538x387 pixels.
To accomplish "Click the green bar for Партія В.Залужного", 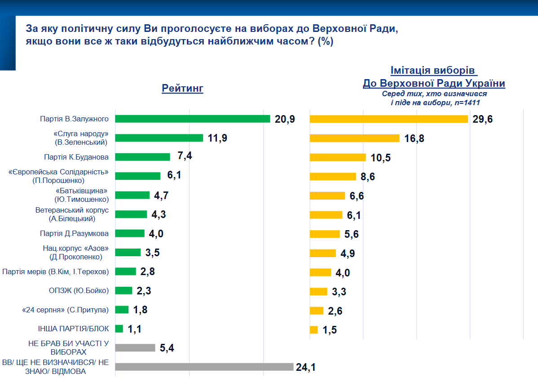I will coord(193,119).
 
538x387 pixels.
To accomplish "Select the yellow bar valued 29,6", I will coord(389,119).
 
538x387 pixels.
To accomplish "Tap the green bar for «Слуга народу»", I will coord(159,138).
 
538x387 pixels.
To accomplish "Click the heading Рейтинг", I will coord(183,88).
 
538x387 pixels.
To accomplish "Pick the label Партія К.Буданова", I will coord(76,157).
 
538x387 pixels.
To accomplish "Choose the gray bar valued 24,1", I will coord(204,367).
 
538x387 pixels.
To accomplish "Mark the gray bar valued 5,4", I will coord(135,347).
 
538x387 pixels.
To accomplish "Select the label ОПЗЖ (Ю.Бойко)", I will coord(79,290).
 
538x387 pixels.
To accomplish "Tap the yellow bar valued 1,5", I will coord(314,329).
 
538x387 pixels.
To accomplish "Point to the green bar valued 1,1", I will coord(119,329).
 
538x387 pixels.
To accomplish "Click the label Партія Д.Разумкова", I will coord(74,233).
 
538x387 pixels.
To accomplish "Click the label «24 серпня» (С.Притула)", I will coord(66,310).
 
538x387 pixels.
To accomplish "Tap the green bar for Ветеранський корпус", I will coord(131,214).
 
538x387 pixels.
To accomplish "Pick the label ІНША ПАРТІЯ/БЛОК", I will coord(74,329).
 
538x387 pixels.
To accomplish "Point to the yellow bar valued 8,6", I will coord(333,176).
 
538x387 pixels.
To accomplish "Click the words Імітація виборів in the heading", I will coord(432,71).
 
